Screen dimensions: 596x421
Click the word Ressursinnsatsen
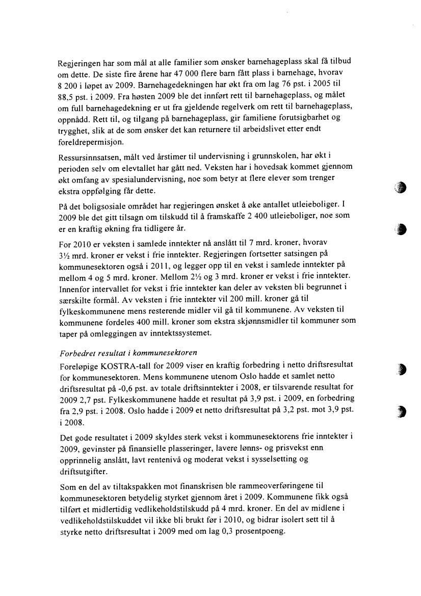pos(87,154)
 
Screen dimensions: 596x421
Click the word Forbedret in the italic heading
pos(74,354)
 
